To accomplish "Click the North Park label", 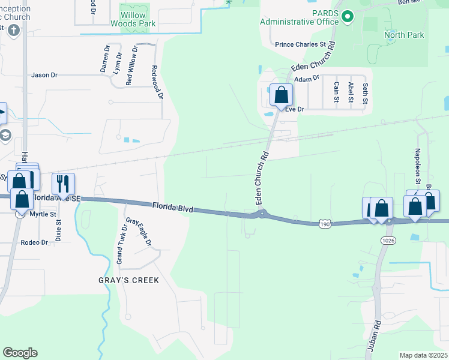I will click(x=404, y=35).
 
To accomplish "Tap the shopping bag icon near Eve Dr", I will click(x=281, y=94).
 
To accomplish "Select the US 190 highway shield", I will click(x=325, y=223).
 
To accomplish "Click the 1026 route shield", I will click(x=387, y=240).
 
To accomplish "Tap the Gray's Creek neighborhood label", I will click(x=128, y=280).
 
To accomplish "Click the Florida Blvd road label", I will click(x=172, y=207).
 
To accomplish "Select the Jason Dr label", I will click(x=44, y=75).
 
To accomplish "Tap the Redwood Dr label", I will click(x=158, y=82).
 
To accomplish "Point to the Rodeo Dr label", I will click(x=34, y=242).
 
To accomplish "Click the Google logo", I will click(x=20, y=353).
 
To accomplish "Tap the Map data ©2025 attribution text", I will click(x=423, y=355).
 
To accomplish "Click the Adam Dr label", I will click(x=306, y=79).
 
